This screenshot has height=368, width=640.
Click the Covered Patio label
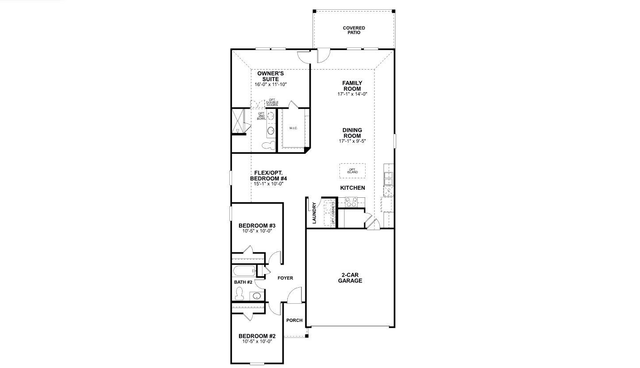[x=354, y=30]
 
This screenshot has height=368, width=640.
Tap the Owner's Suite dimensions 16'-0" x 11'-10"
[x=270, y=84]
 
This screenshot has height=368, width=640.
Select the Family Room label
[x=352, y=86]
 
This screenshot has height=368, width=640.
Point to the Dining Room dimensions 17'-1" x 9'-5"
[x=352, y=141]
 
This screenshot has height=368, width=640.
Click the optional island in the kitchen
[x=352, y=171]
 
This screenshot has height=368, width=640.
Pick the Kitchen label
[x=352, y=188]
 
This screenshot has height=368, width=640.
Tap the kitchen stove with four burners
[x=351, y=202]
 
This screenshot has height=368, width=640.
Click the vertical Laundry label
[x=314, y=213]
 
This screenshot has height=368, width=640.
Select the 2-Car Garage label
[x=350, y=278]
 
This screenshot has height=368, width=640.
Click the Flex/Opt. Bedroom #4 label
[x=268, y=176]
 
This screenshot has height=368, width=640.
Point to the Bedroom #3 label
[x=257, y=226]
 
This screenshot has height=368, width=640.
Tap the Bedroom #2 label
[x=257, y=336]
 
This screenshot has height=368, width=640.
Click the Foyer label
[x=285, y=278]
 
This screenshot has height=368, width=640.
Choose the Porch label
[x=294, y=320]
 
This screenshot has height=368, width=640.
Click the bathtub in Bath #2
[x=245, y=270]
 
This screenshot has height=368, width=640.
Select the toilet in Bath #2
[x=239, y=294]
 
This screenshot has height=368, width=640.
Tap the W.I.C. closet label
[x=293, y=128]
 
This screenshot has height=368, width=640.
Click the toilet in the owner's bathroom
[x=268, y=145]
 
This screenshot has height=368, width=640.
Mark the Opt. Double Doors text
[x=272, y=102]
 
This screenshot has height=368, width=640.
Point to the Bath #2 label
[x=243, y=282]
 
